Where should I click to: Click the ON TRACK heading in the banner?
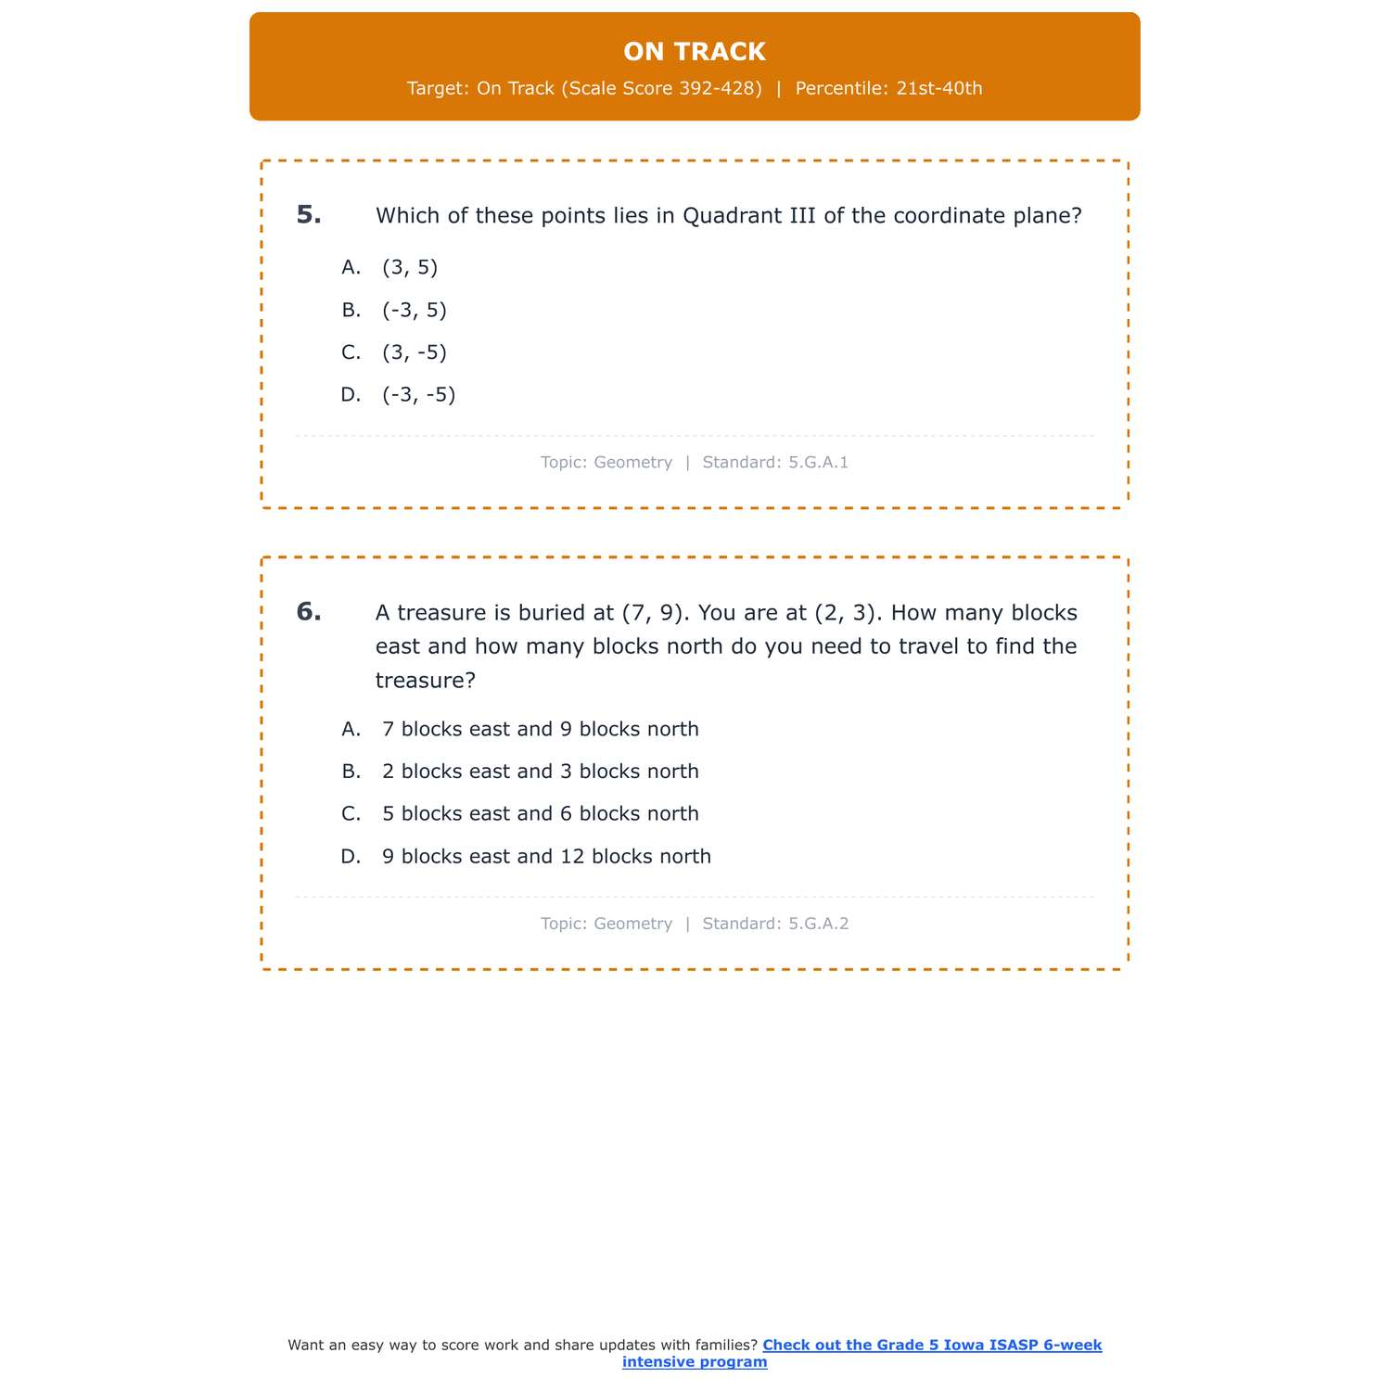[695, 52]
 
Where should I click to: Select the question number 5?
[309, 215]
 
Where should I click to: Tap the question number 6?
[309, 612]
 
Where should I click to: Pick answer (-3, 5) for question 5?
[414, 310]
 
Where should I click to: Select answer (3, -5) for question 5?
[414, 352]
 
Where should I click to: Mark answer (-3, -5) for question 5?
[418, 395]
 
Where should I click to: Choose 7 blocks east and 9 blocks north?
[540, 729]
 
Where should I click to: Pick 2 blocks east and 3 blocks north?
[540, 772]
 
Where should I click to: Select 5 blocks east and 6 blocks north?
[540, 813]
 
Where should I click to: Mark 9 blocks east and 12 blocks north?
[546, 856]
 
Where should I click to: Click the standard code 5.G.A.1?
[818, 462]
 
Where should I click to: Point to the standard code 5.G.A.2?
[818, 924]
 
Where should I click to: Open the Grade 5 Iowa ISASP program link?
[931, 1345]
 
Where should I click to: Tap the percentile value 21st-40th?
[938, 89]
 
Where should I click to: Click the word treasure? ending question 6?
[426, 681]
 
